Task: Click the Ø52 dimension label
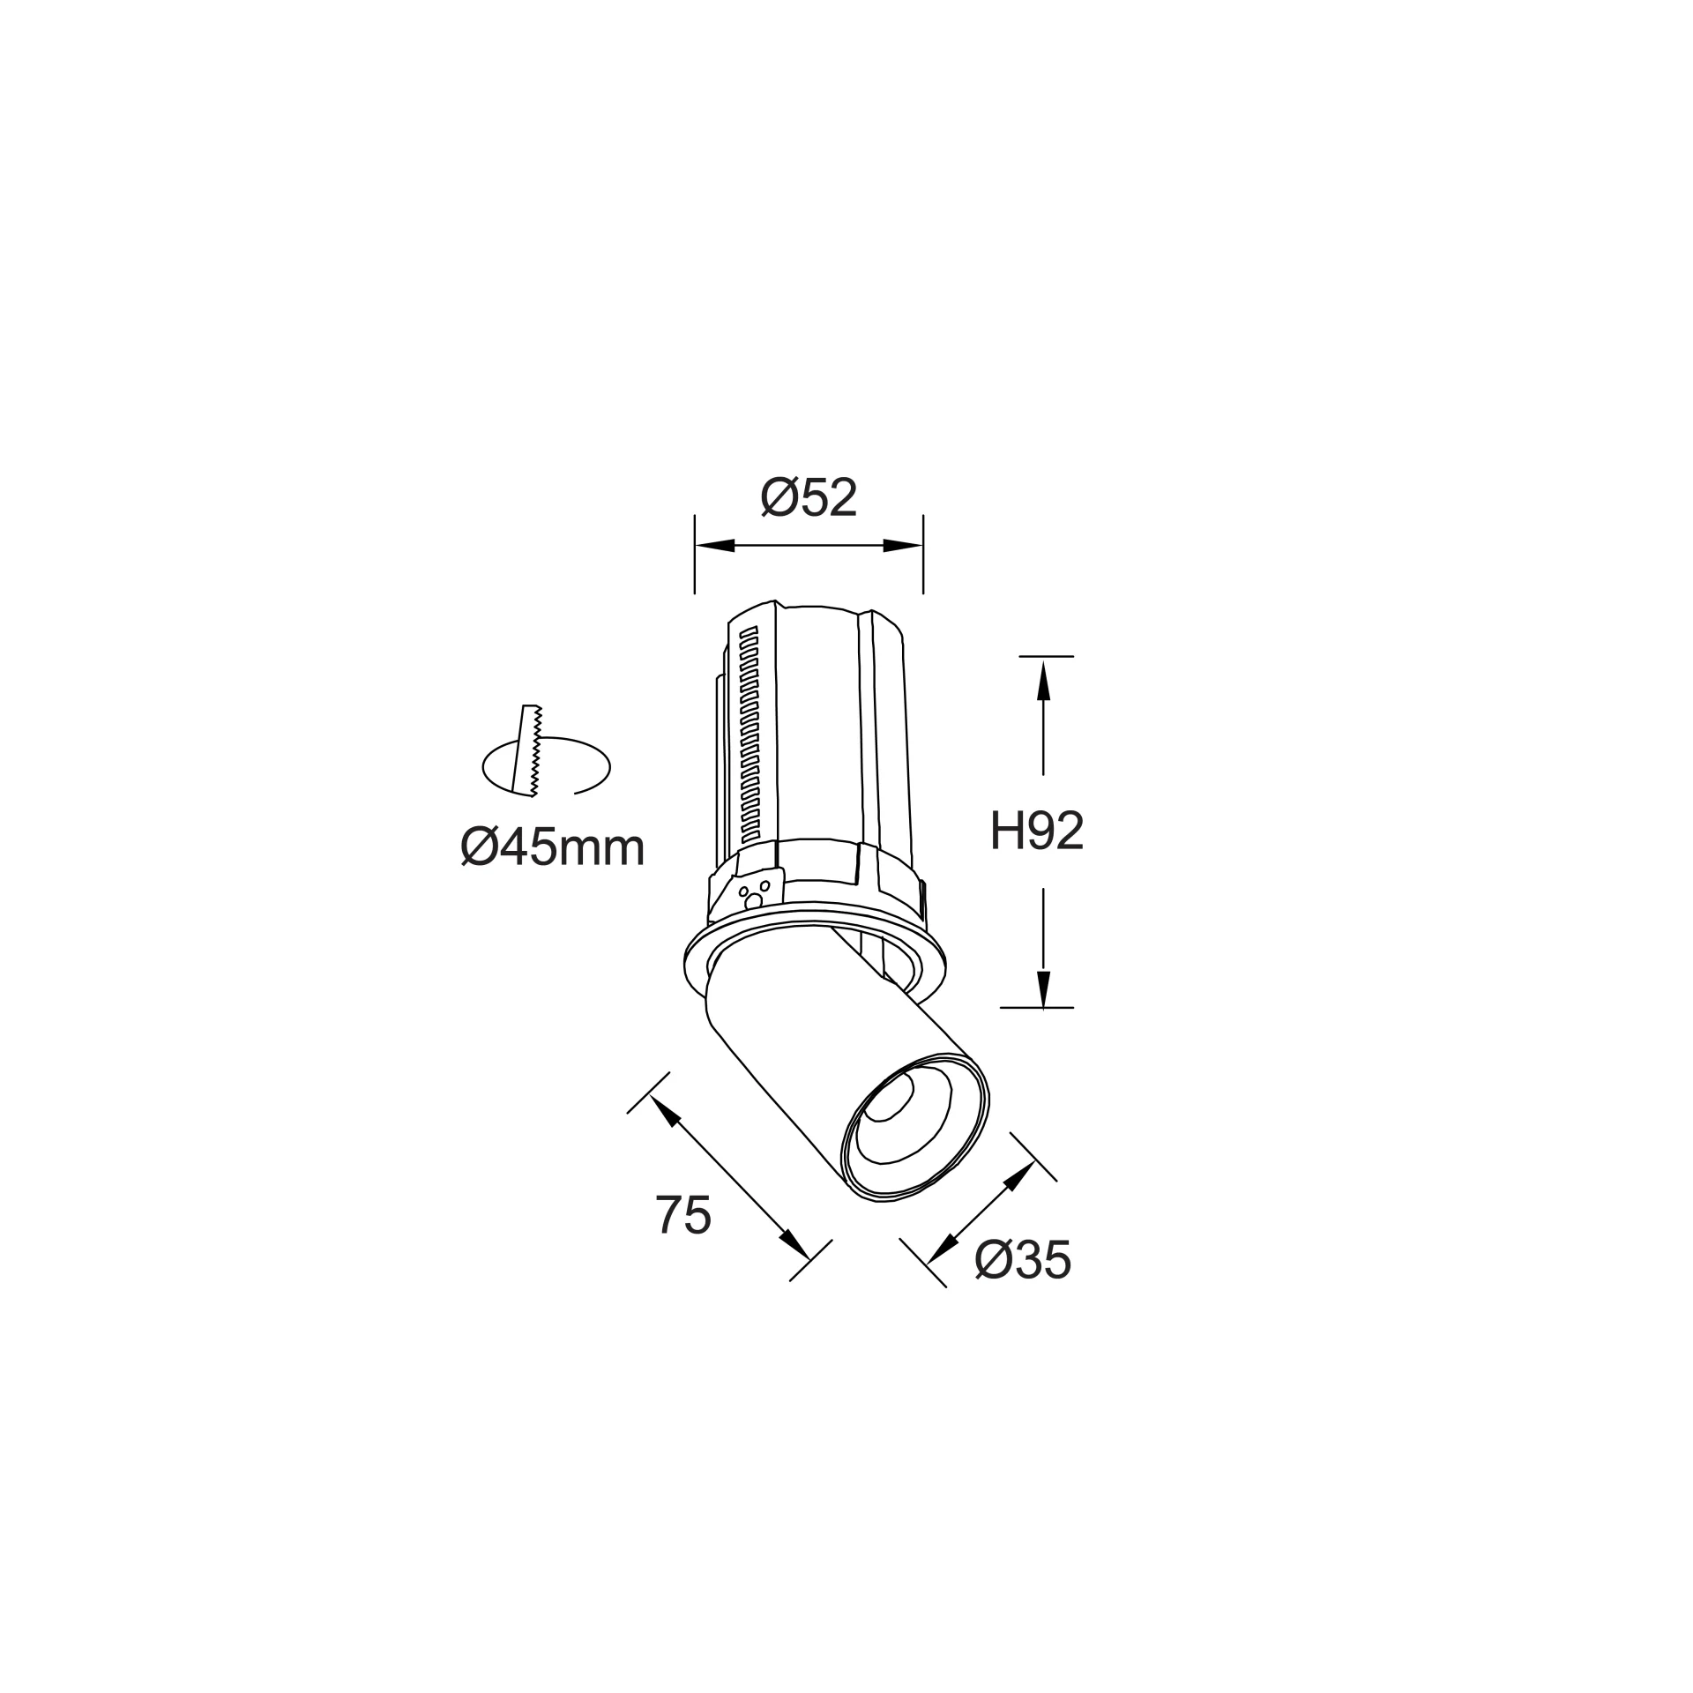tap(809, 498)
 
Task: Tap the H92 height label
tap(1036, 830)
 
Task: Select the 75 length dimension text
tap(682, 1215)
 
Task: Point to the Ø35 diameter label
tap(1023, 1260)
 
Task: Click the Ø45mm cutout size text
tap(553, 848)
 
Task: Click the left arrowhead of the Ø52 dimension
tap(715, 546)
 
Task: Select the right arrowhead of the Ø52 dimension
tap(903, 546)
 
